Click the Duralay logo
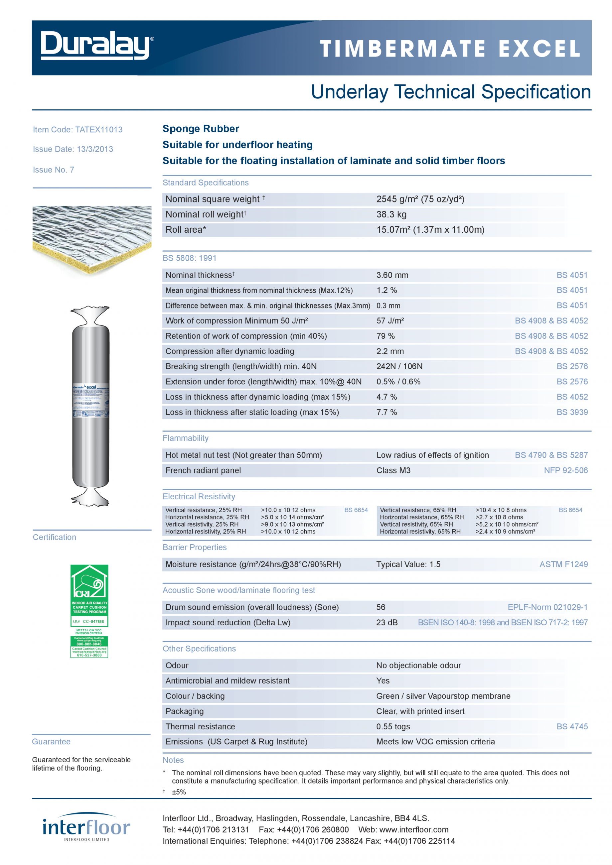click(97, 46)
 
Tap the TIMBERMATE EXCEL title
click(450, 49)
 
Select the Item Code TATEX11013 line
click(77, 130)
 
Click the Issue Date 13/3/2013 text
click(73, 149)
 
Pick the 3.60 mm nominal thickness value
click(392, 275)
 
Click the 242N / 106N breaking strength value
click(399, 366)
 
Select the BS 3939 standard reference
click(572, 412)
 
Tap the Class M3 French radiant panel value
click(393, 470)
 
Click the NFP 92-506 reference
click(565, 470)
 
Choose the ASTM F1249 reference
click(563, 564)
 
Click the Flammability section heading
click(185, 438)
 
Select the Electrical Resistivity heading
click(199, 497)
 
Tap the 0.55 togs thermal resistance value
click(393, 726)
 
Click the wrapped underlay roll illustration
click(90, 406)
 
